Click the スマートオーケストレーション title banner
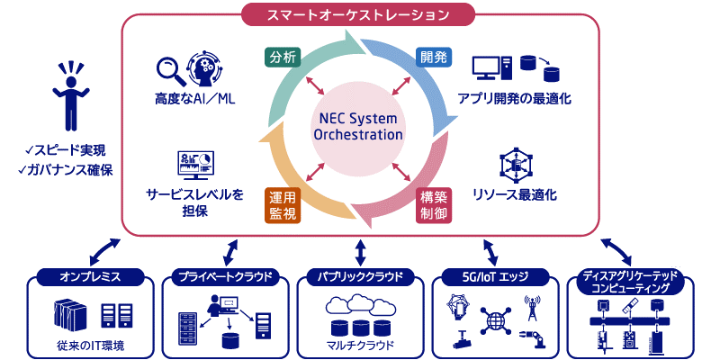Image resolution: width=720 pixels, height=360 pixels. tap(360, 13)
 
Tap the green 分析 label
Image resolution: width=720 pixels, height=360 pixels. tap(280, 57)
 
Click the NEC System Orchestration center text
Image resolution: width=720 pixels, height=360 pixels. tap(358, 127)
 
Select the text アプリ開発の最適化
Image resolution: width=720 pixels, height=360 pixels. tap(514, 98)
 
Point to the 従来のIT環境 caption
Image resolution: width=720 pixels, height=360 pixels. tap(89, 345)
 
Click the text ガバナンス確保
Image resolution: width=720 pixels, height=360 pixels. tap(70, 170)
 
